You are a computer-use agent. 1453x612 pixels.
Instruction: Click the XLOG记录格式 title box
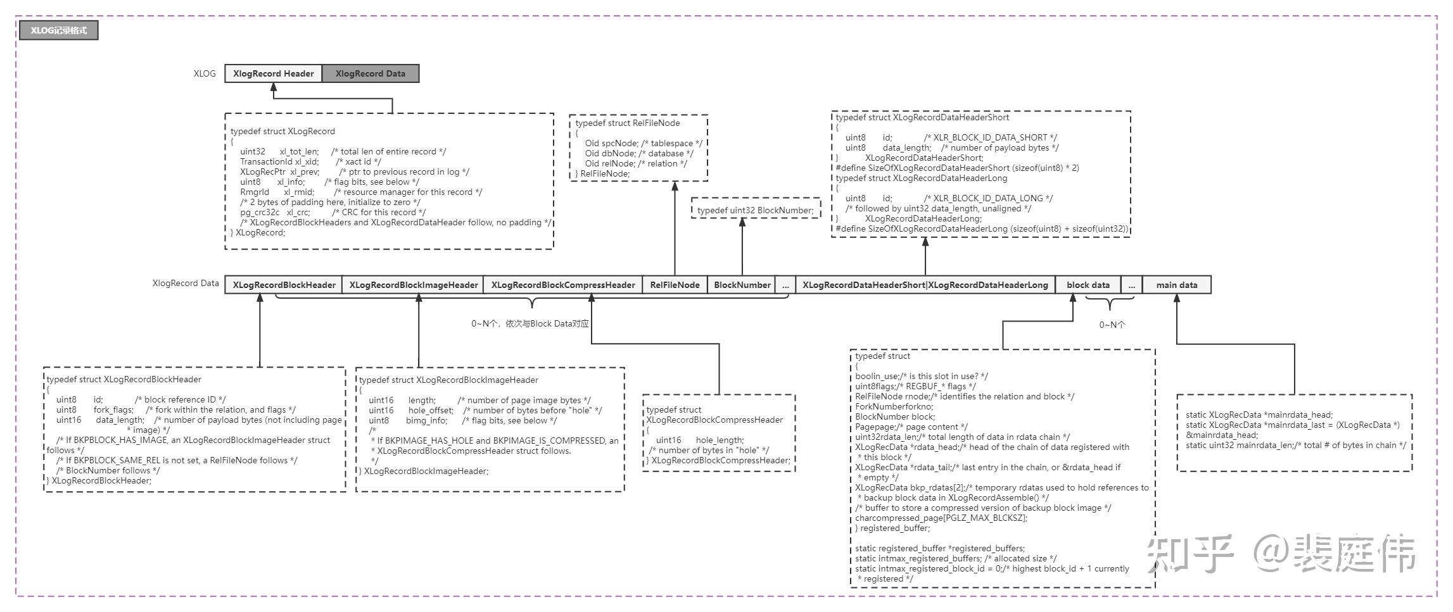point(58,30)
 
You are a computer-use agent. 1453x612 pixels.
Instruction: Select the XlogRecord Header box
point(273,73)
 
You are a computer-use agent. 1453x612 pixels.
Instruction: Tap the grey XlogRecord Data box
point(371,73)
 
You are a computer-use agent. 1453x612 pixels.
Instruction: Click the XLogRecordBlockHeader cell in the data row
point(284,285)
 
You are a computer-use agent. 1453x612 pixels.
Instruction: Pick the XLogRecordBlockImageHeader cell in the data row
point(414,285)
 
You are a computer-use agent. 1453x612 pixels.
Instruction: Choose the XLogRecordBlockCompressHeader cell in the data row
point(563,285)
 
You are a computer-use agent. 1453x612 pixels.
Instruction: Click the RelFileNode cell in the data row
point(675,285)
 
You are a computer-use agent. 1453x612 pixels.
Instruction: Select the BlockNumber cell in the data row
point(742,285)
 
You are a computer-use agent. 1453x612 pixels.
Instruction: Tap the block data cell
point(1088,285)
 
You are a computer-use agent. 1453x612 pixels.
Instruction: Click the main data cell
point(1176,285)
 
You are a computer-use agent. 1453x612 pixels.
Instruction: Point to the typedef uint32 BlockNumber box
point(755,210)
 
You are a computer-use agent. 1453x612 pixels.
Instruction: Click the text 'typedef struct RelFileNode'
point(627,123)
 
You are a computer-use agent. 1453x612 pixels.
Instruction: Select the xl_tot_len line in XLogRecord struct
point(343,152)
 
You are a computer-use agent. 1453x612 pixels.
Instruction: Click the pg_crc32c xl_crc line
point(333,213)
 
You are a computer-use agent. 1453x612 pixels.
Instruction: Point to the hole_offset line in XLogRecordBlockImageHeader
point(485,411)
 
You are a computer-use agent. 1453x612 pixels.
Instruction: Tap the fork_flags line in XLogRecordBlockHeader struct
point(175,410)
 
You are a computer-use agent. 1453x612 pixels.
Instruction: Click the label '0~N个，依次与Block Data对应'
point(530,324)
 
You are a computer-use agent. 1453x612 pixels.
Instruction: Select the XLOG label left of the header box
point(205,73)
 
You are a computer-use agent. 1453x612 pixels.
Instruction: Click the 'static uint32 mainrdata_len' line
point(1295,446)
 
